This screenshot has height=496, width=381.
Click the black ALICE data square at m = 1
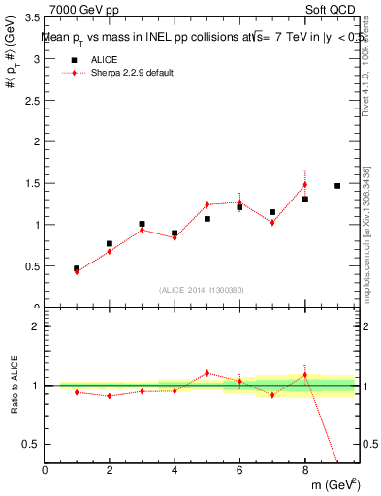tap(77, 268)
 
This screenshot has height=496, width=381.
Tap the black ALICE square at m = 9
tap(337, 186)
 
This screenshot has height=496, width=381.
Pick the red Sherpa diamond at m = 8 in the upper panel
tap(304, 184)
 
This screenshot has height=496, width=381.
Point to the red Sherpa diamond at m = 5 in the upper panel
tap(207, 204)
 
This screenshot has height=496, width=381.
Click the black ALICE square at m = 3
tap(142, 224)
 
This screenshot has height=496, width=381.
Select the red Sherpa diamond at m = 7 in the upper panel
tap(272, 223)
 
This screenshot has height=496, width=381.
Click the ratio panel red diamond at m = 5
tap(207, 372)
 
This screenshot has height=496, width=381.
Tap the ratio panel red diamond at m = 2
tap(110, 395)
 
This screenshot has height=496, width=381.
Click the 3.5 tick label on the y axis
tap(30, 18)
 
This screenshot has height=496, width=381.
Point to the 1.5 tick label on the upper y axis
tap(30, 184)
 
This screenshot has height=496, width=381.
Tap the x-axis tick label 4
tap(175, 471)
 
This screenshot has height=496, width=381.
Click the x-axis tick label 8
tap(304, 471)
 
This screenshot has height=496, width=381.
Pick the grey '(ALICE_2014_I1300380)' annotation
tap(201, 289)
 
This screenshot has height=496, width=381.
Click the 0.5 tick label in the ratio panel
tap(30, 444)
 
